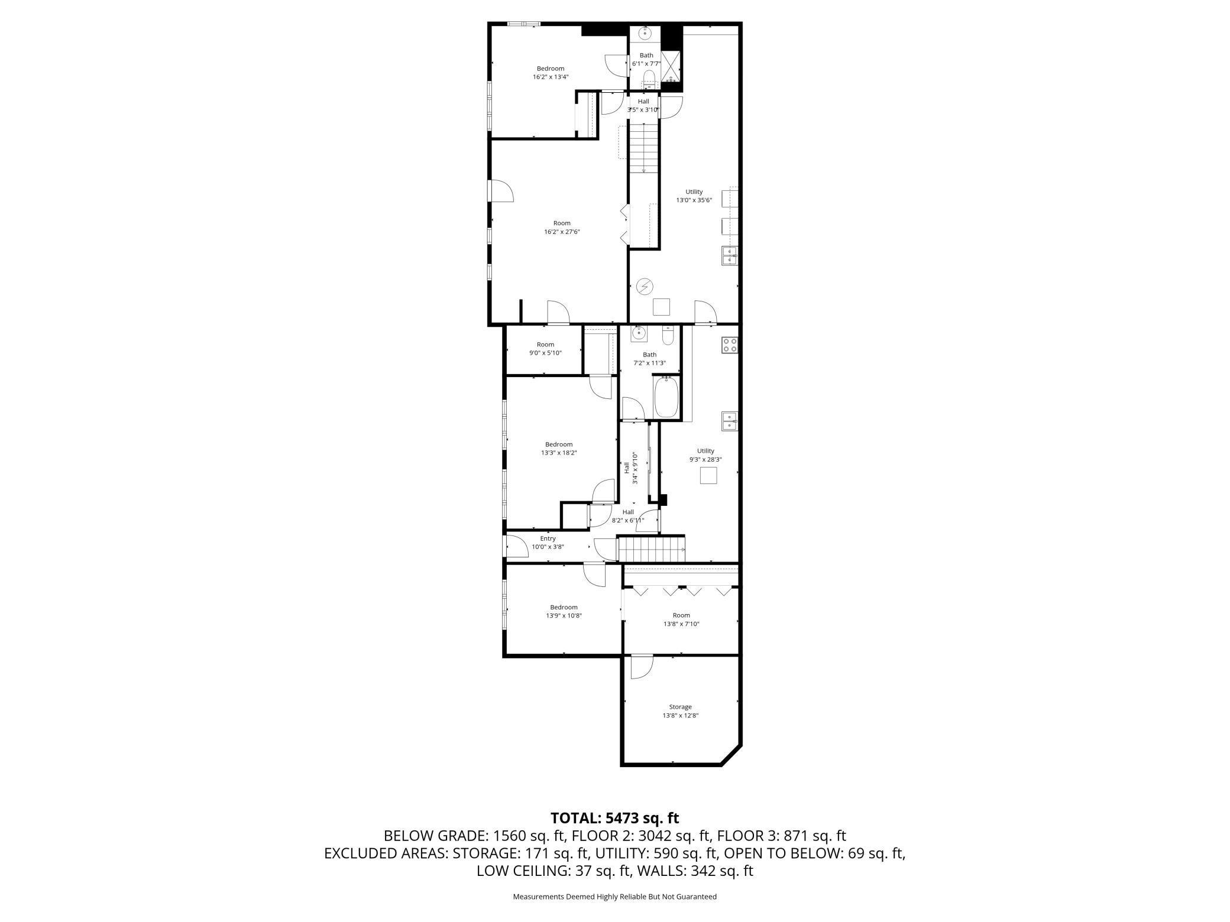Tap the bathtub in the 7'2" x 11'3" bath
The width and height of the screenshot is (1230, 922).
668,397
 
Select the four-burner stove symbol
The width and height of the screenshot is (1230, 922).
730,345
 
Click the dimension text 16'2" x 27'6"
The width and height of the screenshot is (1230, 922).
562,232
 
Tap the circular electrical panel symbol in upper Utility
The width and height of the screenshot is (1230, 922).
645,287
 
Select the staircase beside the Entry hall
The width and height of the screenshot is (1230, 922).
651,549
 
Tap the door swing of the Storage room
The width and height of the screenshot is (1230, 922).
641,667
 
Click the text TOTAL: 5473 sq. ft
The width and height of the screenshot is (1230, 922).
614,818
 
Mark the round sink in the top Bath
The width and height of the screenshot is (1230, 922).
645,33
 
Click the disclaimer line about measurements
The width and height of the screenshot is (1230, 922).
614,897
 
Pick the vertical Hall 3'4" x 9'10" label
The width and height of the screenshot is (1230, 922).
630,468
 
